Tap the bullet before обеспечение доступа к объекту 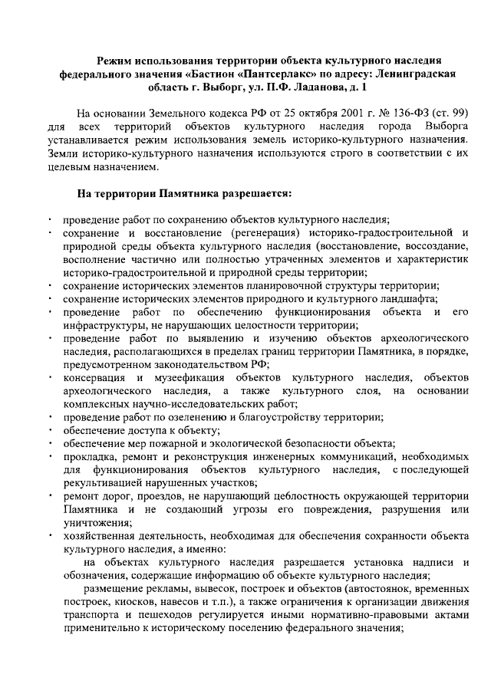(49, 431)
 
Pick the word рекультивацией (102, 484)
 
